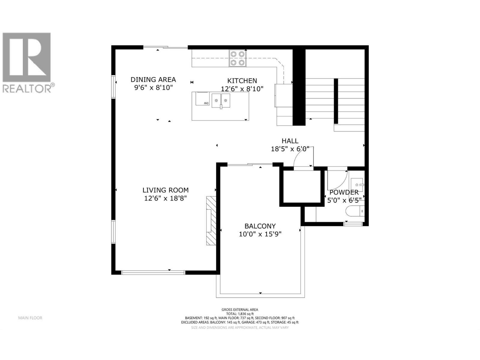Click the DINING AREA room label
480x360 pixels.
coord(153,79)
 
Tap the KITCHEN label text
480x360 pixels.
coord(242,81)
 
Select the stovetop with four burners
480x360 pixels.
coord(237,58)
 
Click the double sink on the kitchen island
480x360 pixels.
coord(221,100)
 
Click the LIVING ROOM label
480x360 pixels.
coord(165,190)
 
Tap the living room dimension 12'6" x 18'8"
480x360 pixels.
coord(165,198)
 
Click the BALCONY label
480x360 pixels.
coord(260,226)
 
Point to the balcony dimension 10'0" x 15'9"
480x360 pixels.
coord(260,234)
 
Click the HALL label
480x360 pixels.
coord(290,141)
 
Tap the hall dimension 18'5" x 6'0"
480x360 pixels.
coord(290,149)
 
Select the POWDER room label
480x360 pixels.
coord(344,193)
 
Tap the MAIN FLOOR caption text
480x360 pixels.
coord(30,318)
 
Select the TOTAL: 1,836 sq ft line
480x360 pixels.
coord(240,314)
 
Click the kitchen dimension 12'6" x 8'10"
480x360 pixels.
coord(242,89)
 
